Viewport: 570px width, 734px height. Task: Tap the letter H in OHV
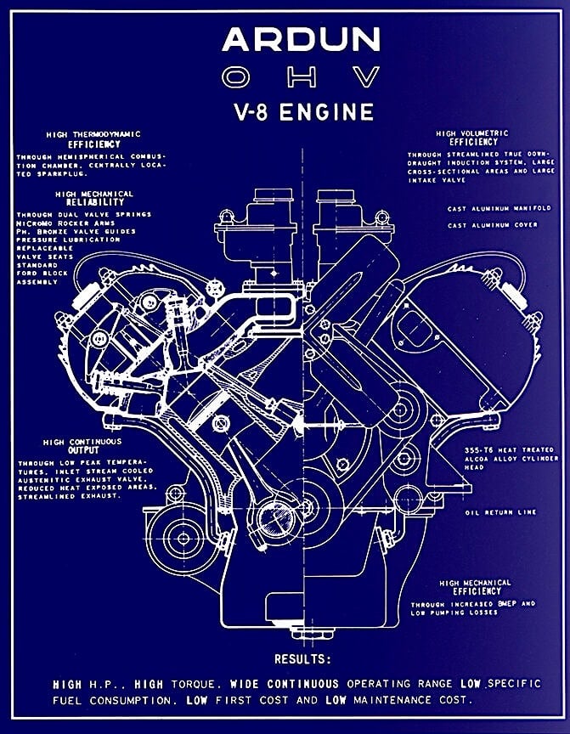pyautogui.click(x=299, y=78)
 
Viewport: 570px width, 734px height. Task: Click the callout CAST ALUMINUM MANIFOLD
pyautogui.click(x=499, y=208)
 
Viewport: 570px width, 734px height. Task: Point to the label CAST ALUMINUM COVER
pyautogui.click(x=494, y=225)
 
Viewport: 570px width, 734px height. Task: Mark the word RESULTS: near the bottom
pyautogui.click(x=302, y=659)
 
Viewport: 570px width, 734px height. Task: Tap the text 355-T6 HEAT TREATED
pyautogui.click(x=499, y=449)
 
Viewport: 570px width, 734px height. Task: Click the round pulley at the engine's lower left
pyautogui.click(x=181, y=538)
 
